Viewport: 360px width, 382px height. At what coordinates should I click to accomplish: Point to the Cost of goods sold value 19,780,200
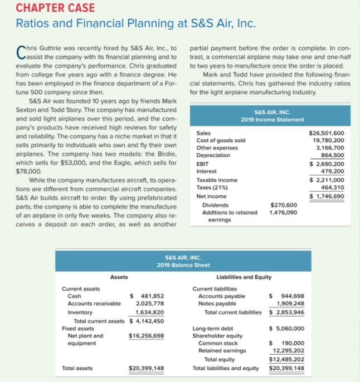(x=328, y=141)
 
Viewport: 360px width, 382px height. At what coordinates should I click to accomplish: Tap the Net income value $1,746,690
(x=327, y=196)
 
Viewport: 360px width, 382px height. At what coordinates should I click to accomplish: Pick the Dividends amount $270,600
(x=284, y=205)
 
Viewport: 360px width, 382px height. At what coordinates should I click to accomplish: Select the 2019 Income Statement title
(x=272, y=119)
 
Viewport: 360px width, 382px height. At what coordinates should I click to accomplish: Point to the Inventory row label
(x=80, y=312)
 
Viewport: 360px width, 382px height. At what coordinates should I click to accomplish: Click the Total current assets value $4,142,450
(x=147, y=321)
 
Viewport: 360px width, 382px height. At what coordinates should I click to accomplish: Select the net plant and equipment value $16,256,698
(x=146, y=336)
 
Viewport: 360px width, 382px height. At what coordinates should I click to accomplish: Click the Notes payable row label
(x=217, y=304)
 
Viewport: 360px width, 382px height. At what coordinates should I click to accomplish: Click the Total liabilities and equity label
(x=225, y=368)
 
